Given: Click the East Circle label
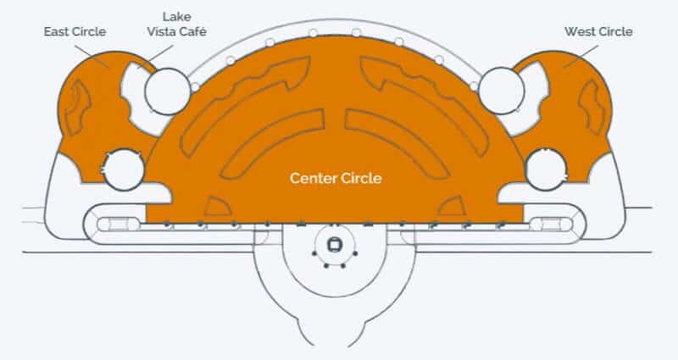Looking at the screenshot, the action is click(x=75, y=31).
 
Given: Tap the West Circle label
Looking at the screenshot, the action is click(x=598, y=31).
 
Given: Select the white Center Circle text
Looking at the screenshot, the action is click(x=336, y=178).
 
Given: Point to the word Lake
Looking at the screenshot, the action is click(x=176, y=17).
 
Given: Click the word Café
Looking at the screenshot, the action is click(x=192, y=31).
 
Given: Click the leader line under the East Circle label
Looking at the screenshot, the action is click(x=92, y=56).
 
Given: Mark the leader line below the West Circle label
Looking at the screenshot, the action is click(x=581, y=56).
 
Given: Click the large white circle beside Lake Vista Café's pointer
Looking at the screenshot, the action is click(x=168, y=91).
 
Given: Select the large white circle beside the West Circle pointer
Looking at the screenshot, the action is click(x=502, y=91).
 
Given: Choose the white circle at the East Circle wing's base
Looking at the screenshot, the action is click(x=124, y=169).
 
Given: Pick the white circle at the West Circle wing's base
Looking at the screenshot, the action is click(x=546, y=169).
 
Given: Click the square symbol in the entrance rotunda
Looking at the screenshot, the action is click(x=334, y=245).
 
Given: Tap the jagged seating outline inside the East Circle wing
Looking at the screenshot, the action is click(x=76, y=108).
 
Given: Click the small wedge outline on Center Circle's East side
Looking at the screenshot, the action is click(x=218, y=208).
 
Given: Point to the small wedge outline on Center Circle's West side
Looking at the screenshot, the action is click(x=453, y=207).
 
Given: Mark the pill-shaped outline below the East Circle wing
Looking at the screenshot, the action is click(x=118, y=224).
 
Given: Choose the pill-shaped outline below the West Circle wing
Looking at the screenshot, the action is click(x=552, y=224).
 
